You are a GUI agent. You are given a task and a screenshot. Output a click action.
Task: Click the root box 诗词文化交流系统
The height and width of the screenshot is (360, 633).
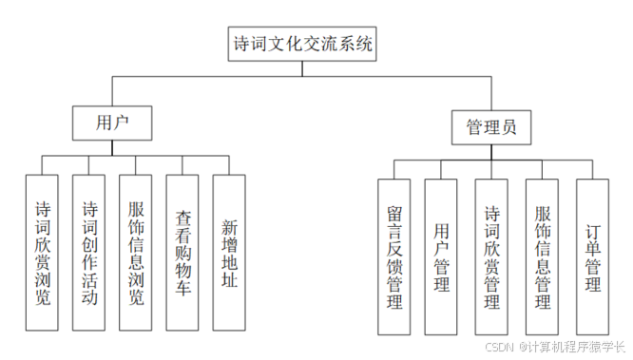[x=303, y=45]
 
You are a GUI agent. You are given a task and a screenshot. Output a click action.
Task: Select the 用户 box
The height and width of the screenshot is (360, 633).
[x=113, y=123]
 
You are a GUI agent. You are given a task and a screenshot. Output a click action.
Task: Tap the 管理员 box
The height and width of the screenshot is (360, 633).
[x=491, y=127]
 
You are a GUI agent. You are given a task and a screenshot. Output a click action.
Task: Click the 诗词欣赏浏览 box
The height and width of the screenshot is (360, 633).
[x=45, y=252]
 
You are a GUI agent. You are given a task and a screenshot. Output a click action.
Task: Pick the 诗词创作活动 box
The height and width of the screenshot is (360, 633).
[x=90, y=252]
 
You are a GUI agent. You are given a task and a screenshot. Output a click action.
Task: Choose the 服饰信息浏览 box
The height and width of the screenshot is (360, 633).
[x=137, y=252]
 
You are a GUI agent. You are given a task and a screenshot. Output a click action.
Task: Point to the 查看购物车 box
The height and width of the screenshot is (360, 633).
[x=184, y=252]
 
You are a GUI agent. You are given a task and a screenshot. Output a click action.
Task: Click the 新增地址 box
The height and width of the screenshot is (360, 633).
[x=230, y=252]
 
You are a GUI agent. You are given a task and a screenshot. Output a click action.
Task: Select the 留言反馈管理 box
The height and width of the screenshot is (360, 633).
[x=395, y=256]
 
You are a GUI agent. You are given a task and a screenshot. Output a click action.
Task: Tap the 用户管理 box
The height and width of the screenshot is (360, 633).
[x=442, y=256]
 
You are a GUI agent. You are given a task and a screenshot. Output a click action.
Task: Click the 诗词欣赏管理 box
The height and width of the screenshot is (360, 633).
[x=492, y=256]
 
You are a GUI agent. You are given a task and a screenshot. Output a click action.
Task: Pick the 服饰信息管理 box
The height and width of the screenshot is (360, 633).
[x=542, y=256]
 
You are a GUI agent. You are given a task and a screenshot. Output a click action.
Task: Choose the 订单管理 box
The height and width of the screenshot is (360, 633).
[x=592, y=256]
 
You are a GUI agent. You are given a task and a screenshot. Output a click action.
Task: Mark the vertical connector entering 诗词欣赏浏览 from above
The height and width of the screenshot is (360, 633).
[x=45, y=164]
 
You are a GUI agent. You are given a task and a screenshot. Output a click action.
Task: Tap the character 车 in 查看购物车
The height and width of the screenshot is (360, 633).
[x=184, y=286]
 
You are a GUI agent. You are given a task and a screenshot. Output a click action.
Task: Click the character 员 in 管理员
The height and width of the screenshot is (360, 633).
[x=510, y=127]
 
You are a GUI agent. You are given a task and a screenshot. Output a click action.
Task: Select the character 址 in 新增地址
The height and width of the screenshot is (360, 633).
[x=230, y=280]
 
